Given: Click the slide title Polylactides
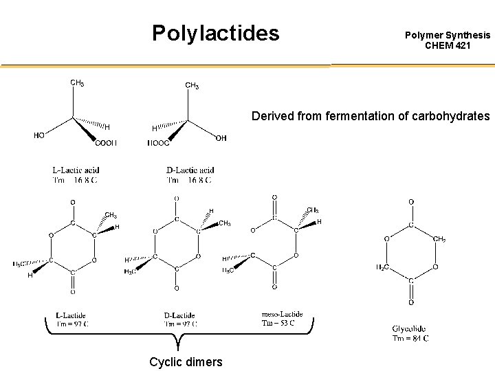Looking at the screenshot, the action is coord(216,32).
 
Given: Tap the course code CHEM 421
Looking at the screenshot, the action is coord(448,45).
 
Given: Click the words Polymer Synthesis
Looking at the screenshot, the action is coord(448,34).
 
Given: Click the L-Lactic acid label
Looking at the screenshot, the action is coord(76,170).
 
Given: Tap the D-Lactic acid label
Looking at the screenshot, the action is coord(190,170).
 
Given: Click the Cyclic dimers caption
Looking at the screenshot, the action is coord(186,361).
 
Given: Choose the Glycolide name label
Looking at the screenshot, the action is coord(410,328).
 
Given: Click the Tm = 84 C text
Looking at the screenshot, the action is coord(410,337).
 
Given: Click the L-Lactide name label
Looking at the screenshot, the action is coord(71,315).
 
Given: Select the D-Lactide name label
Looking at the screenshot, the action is coord(179,315).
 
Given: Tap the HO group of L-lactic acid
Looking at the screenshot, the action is coord(39,135).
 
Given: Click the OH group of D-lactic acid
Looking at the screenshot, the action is coord(221,138).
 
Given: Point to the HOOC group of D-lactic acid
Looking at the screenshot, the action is coord(159,143).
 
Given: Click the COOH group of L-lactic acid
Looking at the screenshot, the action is coord(106,143).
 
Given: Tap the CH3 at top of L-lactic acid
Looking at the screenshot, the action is coord(77,83).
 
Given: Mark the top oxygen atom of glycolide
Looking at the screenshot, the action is coord(411,201).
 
